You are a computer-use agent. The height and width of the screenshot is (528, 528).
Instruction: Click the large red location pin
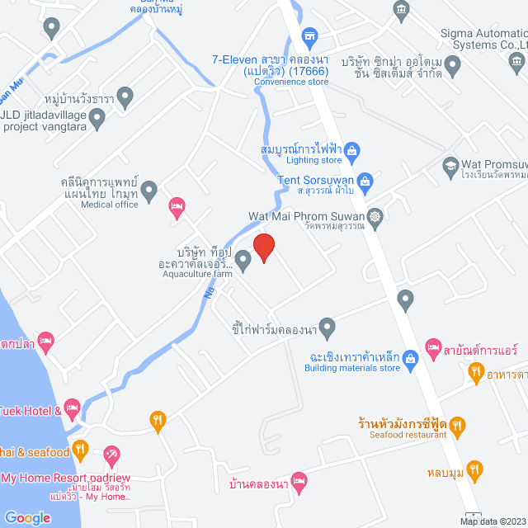263,247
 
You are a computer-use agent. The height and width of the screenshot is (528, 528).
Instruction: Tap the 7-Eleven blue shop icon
309,36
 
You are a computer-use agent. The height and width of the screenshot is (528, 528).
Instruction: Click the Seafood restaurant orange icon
459,425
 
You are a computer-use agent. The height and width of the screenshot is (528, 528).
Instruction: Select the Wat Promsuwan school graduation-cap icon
450,165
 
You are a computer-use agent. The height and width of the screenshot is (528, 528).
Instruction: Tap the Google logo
26,517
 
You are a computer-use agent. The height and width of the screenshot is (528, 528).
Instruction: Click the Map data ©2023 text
493,521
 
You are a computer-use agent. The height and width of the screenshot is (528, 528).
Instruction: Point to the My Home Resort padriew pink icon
112,454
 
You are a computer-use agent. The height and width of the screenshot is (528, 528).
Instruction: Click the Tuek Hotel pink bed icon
72,407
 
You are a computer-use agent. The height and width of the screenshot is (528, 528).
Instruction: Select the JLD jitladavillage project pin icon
97,121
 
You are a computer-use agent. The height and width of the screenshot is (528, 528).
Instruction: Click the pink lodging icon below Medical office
176,205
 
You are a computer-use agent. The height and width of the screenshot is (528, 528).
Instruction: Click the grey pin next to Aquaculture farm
243,261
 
